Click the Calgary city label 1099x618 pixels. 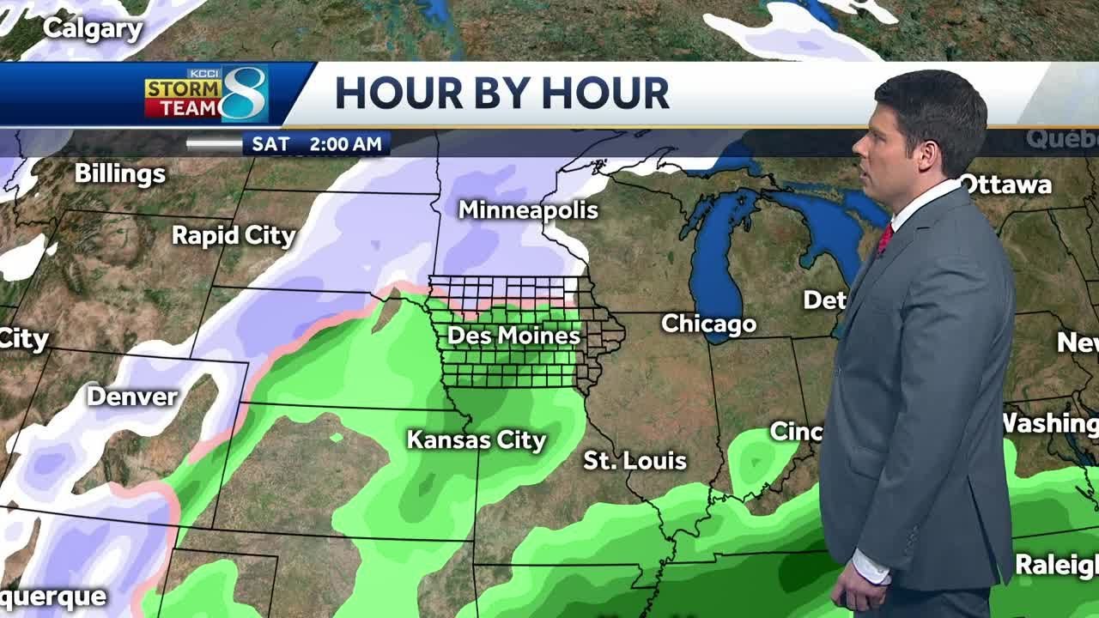(x=92, y=29)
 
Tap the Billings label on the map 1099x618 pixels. (x=119, y=173)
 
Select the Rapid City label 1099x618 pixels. (x=234, y=235)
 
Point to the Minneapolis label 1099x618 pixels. (x=527, y=209)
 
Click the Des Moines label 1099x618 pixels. (x=513, y=335)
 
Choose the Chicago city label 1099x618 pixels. (x=708, y=324)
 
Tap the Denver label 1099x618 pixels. (x=132, y=397)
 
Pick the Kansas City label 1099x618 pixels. (x=476, y=440)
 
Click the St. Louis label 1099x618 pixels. (x=635, y=461)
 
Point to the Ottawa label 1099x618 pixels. (x=1005, y=185)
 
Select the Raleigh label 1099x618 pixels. (x=1056, y=565)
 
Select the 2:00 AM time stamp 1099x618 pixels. (x=345, y=144)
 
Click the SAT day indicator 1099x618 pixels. (x=270, y=144)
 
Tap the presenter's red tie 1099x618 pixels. (x=884, y=238)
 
